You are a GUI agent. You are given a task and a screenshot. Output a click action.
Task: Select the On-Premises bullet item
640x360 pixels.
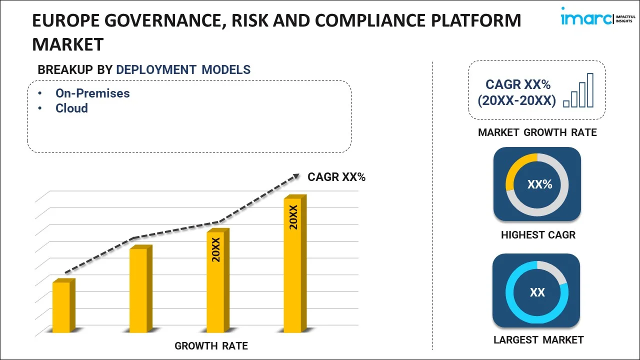(92, 93)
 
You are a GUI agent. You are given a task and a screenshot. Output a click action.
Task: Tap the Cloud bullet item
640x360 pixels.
(71, 108)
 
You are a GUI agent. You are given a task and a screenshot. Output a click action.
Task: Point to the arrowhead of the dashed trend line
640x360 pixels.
(296, 175)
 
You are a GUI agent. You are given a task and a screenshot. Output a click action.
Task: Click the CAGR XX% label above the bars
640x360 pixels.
(336, 177)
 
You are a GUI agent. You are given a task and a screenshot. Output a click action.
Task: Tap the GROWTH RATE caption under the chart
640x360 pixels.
(211, 346)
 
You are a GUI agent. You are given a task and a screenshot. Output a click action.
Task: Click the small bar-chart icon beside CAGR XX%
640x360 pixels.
(578, 91)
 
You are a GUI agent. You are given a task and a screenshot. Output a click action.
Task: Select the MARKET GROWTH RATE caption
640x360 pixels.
(537, 132)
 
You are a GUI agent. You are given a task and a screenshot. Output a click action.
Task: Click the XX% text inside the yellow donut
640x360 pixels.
(539, 184)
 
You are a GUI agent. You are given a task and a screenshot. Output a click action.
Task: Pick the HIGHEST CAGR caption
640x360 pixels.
(538, 235)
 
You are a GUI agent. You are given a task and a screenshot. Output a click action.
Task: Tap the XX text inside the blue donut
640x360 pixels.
(537, 292)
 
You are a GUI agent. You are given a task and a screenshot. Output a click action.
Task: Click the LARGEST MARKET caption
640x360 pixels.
(538, 340)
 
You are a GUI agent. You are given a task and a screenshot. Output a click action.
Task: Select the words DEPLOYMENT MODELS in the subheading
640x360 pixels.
(183, 70)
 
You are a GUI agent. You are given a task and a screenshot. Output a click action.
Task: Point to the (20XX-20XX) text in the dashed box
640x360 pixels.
(516, 101)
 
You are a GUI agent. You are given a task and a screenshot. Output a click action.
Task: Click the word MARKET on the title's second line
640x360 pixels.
(67, 44)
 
